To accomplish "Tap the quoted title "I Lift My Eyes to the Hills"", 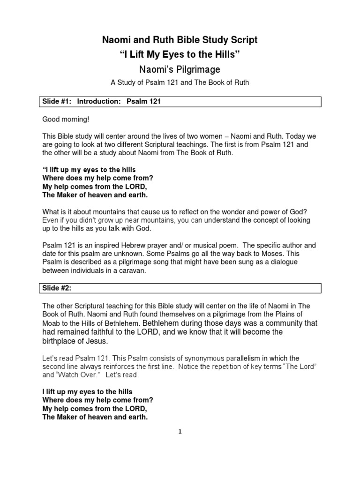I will (180, 55).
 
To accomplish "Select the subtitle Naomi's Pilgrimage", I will (180, 69).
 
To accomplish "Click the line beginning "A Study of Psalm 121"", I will (180, 83).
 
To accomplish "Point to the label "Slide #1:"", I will (57, 101).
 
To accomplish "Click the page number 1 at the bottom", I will (180, 432).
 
